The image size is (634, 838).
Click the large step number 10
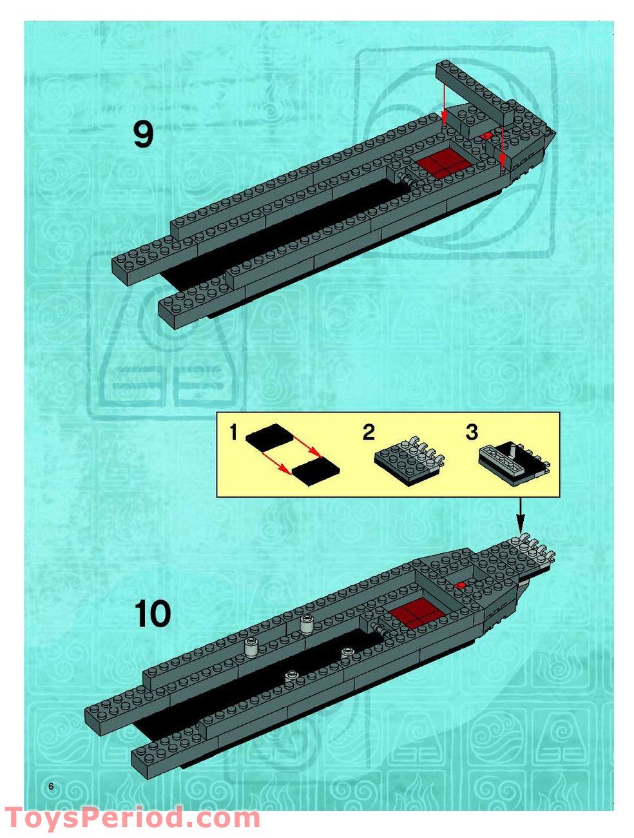[153, 614]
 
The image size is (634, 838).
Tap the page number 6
[51, 786]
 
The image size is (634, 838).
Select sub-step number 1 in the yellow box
[233, 433]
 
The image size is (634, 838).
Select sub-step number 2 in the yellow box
[368, 433]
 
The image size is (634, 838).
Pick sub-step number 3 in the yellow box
[472, 433]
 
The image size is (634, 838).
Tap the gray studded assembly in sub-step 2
[408, 459]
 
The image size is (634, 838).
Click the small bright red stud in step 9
[488, 136]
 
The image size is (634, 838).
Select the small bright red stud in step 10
[460, 585]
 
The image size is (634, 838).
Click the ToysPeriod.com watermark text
[132, 819]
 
